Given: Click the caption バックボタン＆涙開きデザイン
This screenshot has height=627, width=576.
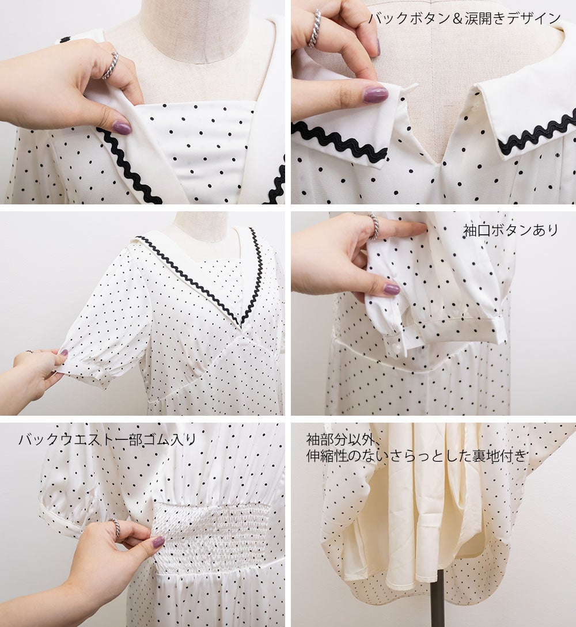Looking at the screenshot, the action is point(464,18).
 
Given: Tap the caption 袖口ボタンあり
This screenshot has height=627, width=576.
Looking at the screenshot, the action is point(511,230).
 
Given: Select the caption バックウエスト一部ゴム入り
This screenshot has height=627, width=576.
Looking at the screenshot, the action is point(108,439).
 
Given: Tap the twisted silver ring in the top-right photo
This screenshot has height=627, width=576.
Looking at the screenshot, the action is point(314,28).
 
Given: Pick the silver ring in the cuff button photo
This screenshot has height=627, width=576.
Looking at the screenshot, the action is point(374,226).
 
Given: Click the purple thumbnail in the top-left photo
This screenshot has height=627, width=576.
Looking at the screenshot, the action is point(122,128).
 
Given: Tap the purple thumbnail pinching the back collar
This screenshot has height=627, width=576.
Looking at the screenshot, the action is point(375,94).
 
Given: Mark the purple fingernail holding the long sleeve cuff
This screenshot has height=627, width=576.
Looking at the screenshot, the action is point(391,289).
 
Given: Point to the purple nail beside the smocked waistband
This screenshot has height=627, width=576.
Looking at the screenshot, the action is point(158,542).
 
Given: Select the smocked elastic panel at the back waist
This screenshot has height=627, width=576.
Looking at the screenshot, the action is point(212,532).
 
